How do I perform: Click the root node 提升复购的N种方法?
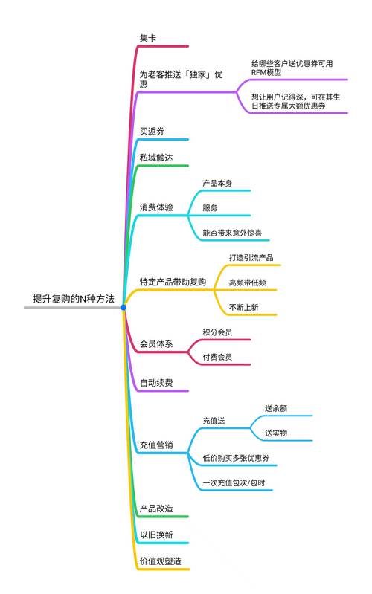pos(73,299)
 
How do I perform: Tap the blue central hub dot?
pos(124,307)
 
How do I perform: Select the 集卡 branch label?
pos(148,37)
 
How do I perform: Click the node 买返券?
pos(153,131)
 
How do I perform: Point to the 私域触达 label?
pos(156,158)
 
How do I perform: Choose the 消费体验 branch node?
pos(156,207)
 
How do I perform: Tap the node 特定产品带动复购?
pos(173,282)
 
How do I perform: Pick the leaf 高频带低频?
pos(248,283)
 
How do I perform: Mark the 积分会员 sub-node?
pos(217,332)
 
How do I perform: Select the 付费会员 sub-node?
pos(217,358)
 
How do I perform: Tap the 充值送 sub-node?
pos(214,420)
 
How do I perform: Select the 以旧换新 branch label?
pos(156,535)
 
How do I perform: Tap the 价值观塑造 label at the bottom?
pos(161,561)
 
